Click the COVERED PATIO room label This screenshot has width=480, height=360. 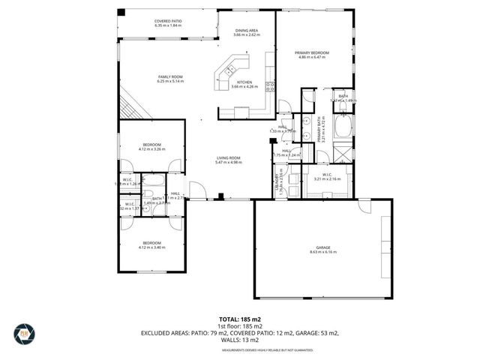point(168,22)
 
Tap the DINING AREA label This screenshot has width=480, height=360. point(247,31)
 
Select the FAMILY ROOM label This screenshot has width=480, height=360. point(170,77)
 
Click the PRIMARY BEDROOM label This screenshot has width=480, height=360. point(313,52)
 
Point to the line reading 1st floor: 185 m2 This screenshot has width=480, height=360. point(240,326)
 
